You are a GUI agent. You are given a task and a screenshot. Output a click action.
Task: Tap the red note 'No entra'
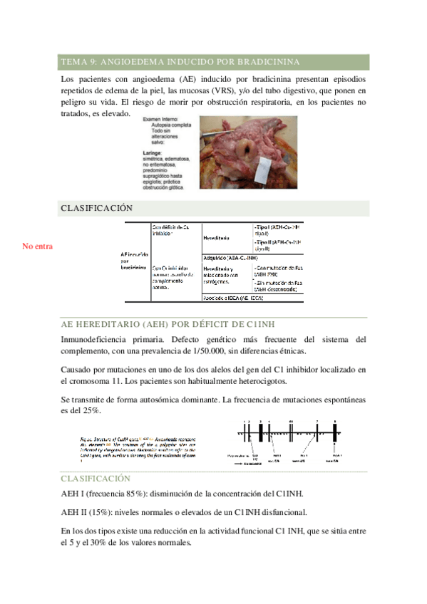(x=37, y=246)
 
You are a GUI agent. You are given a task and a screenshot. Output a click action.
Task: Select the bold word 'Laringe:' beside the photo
(x=153, y=152)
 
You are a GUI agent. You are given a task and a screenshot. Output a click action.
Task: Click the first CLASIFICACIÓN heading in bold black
(x=97, y=208)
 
